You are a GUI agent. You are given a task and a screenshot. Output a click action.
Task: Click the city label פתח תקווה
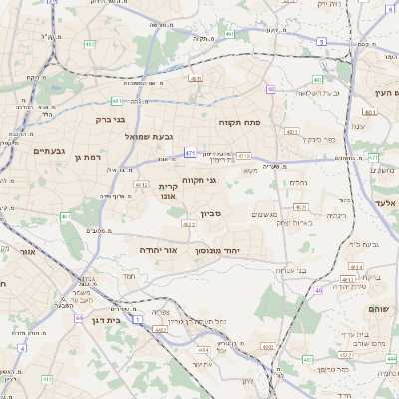[x=240, y=121]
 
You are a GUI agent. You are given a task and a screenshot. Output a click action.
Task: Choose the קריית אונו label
[x=168, y=192]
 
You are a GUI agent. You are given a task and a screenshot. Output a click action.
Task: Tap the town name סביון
[x=211, y=213]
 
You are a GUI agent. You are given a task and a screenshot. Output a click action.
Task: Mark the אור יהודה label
[x=158, y=249]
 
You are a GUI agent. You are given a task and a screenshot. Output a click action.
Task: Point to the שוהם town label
[x=384, y=309]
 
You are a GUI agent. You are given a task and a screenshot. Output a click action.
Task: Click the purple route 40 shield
[x=271, y=89]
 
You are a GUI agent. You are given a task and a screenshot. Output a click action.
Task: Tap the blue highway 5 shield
[x=321, y=42]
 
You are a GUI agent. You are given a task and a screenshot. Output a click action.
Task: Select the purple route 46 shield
[x=318, y=290]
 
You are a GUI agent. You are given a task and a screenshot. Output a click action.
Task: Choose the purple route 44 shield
[x=78, y=318]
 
